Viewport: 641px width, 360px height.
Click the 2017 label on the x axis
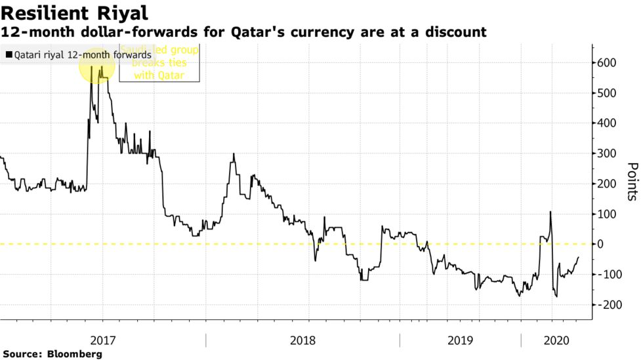click(x=103, y=341)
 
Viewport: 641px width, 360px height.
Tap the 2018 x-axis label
click(x=303, y=341)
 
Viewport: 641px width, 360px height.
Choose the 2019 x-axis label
click(x=461, y=341)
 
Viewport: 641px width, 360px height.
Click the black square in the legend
click(x=8, y=56)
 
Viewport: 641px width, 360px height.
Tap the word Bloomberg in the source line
click(x=75, y=354)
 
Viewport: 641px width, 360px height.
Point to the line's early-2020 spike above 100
click(x=550, y=213)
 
